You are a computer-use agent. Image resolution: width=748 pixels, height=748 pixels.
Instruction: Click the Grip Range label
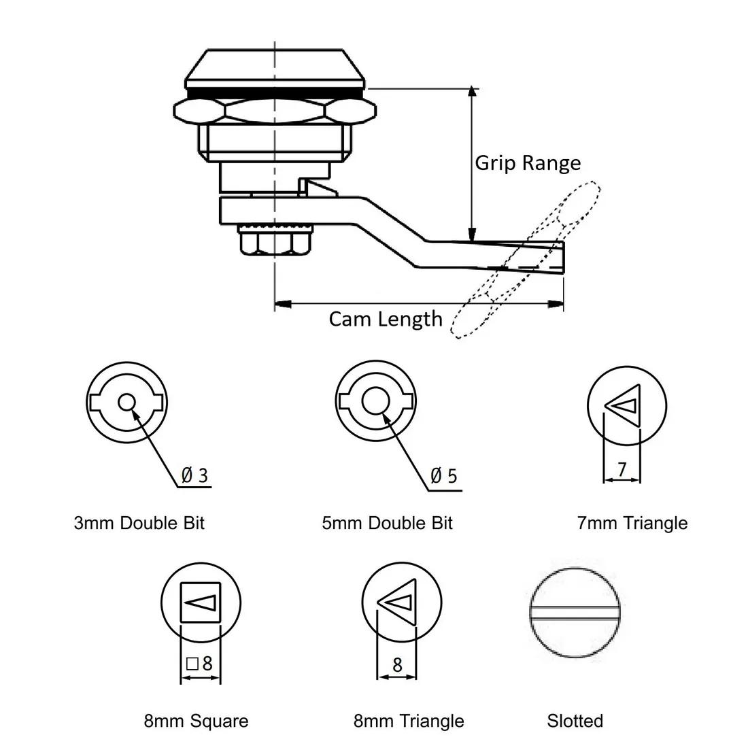[x=527, y=163]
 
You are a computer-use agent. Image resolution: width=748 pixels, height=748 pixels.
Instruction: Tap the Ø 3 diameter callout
[x=194, y=475]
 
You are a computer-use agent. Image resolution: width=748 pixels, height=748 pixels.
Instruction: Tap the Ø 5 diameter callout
[x=444, y=475]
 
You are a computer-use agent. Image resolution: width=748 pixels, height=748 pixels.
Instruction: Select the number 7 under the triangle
[x=622, y=469]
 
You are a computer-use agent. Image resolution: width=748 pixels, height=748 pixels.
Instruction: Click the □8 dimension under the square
[x=200, y=662]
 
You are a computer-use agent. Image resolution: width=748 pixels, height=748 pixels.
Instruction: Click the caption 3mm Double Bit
[x=139, y=523]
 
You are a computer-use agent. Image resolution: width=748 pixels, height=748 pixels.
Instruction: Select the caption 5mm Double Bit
[x=387, y=523]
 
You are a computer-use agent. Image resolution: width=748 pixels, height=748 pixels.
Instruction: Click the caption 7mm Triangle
[x=632, y=523]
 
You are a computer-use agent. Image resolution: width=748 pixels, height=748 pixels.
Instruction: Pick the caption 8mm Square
[x=196, y=721]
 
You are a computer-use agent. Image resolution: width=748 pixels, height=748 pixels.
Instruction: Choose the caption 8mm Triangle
[x=409, y=721]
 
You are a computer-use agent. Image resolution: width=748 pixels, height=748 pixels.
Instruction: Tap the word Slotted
[x=575, y=721]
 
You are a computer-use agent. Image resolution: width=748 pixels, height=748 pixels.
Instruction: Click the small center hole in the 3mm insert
[x=126, y=402]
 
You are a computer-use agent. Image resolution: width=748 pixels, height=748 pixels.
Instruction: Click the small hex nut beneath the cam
[x=274, y=241]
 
